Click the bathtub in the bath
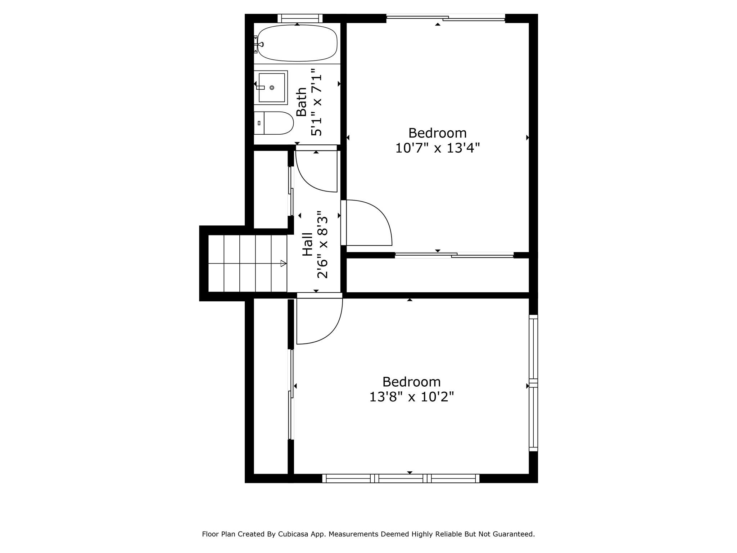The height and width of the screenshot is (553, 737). [x=297, y=43]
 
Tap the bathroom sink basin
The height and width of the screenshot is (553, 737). [x=272, y=87]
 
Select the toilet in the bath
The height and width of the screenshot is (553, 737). [x=273, y=123]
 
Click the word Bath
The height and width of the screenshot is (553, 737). [x=301, y=102]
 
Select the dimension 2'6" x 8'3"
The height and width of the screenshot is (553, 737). [x=322, y=245]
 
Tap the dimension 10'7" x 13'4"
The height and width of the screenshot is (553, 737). [x=438, y=148]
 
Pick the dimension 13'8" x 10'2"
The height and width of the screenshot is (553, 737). [x=412, y=397]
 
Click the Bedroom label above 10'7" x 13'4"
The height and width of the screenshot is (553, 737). [x=437, y=133]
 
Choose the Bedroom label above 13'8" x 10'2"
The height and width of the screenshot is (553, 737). [x=411, y=382]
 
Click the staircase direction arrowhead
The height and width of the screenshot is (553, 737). [x=284, y=264]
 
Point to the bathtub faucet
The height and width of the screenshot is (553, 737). [x=259, y=44]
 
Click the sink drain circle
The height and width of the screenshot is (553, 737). [x=272, y=87]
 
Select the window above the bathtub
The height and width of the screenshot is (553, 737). [x=300, y=18]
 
